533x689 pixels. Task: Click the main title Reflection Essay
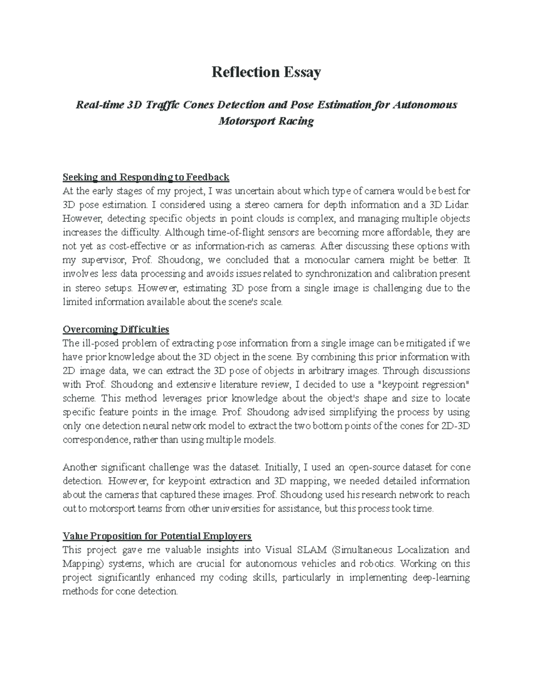(266, 72)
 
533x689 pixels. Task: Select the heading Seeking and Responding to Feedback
(146, 177)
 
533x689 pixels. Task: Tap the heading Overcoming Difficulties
(116, 329)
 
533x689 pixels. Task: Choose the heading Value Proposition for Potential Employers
(157, 536)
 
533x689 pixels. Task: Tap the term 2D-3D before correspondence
(456, 426)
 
